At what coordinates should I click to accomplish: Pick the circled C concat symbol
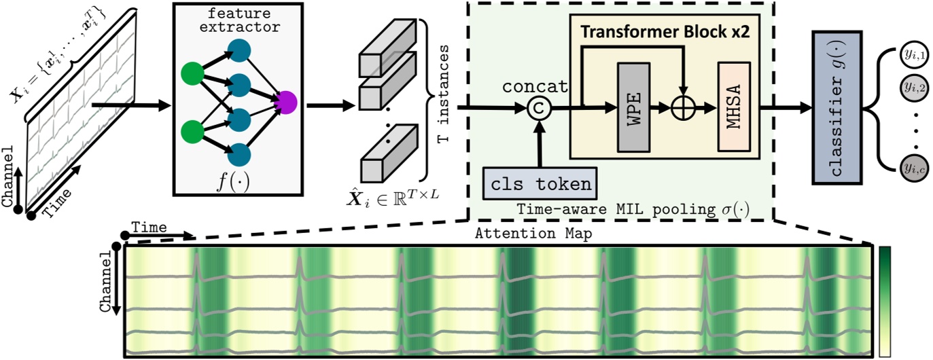click(x=540, y=107)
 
